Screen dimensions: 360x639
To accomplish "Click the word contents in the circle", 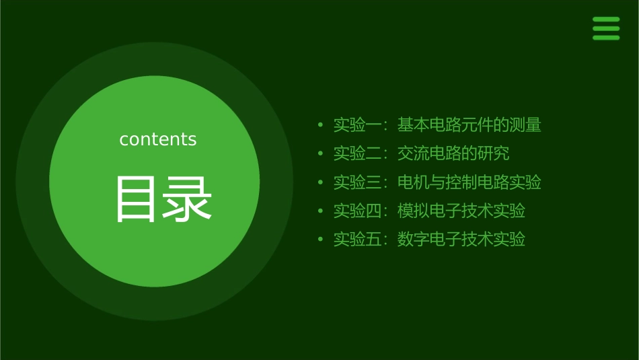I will tap(158, 139).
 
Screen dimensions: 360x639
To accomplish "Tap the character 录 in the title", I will tap(188, 199).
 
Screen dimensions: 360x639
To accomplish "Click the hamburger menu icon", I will tap(605, 29).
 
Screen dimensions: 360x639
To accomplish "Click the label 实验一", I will tap(358, 125).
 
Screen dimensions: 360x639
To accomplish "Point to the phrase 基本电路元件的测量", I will tap(469, 125).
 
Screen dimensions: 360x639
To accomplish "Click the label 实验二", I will tap(358, 153).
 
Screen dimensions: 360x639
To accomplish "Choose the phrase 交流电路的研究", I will tap(453, 153).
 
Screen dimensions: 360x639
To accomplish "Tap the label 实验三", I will tap(358, 182).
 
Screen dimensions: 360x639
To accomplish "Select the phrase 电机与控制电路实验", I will tap(469, 182).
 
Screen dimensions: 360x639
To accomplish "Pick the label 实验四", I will tap(358, 211).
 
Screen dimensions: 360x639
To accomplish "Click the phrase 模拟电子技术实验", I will tap(461, 211).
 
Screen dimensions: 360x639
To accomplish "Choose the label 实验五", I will tap(358, 240).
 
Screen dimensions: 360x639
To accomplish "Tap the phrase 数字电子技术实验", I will tap(461, 240).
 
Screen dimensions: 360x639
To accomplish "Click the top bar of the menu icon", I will tap(605, 20).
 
